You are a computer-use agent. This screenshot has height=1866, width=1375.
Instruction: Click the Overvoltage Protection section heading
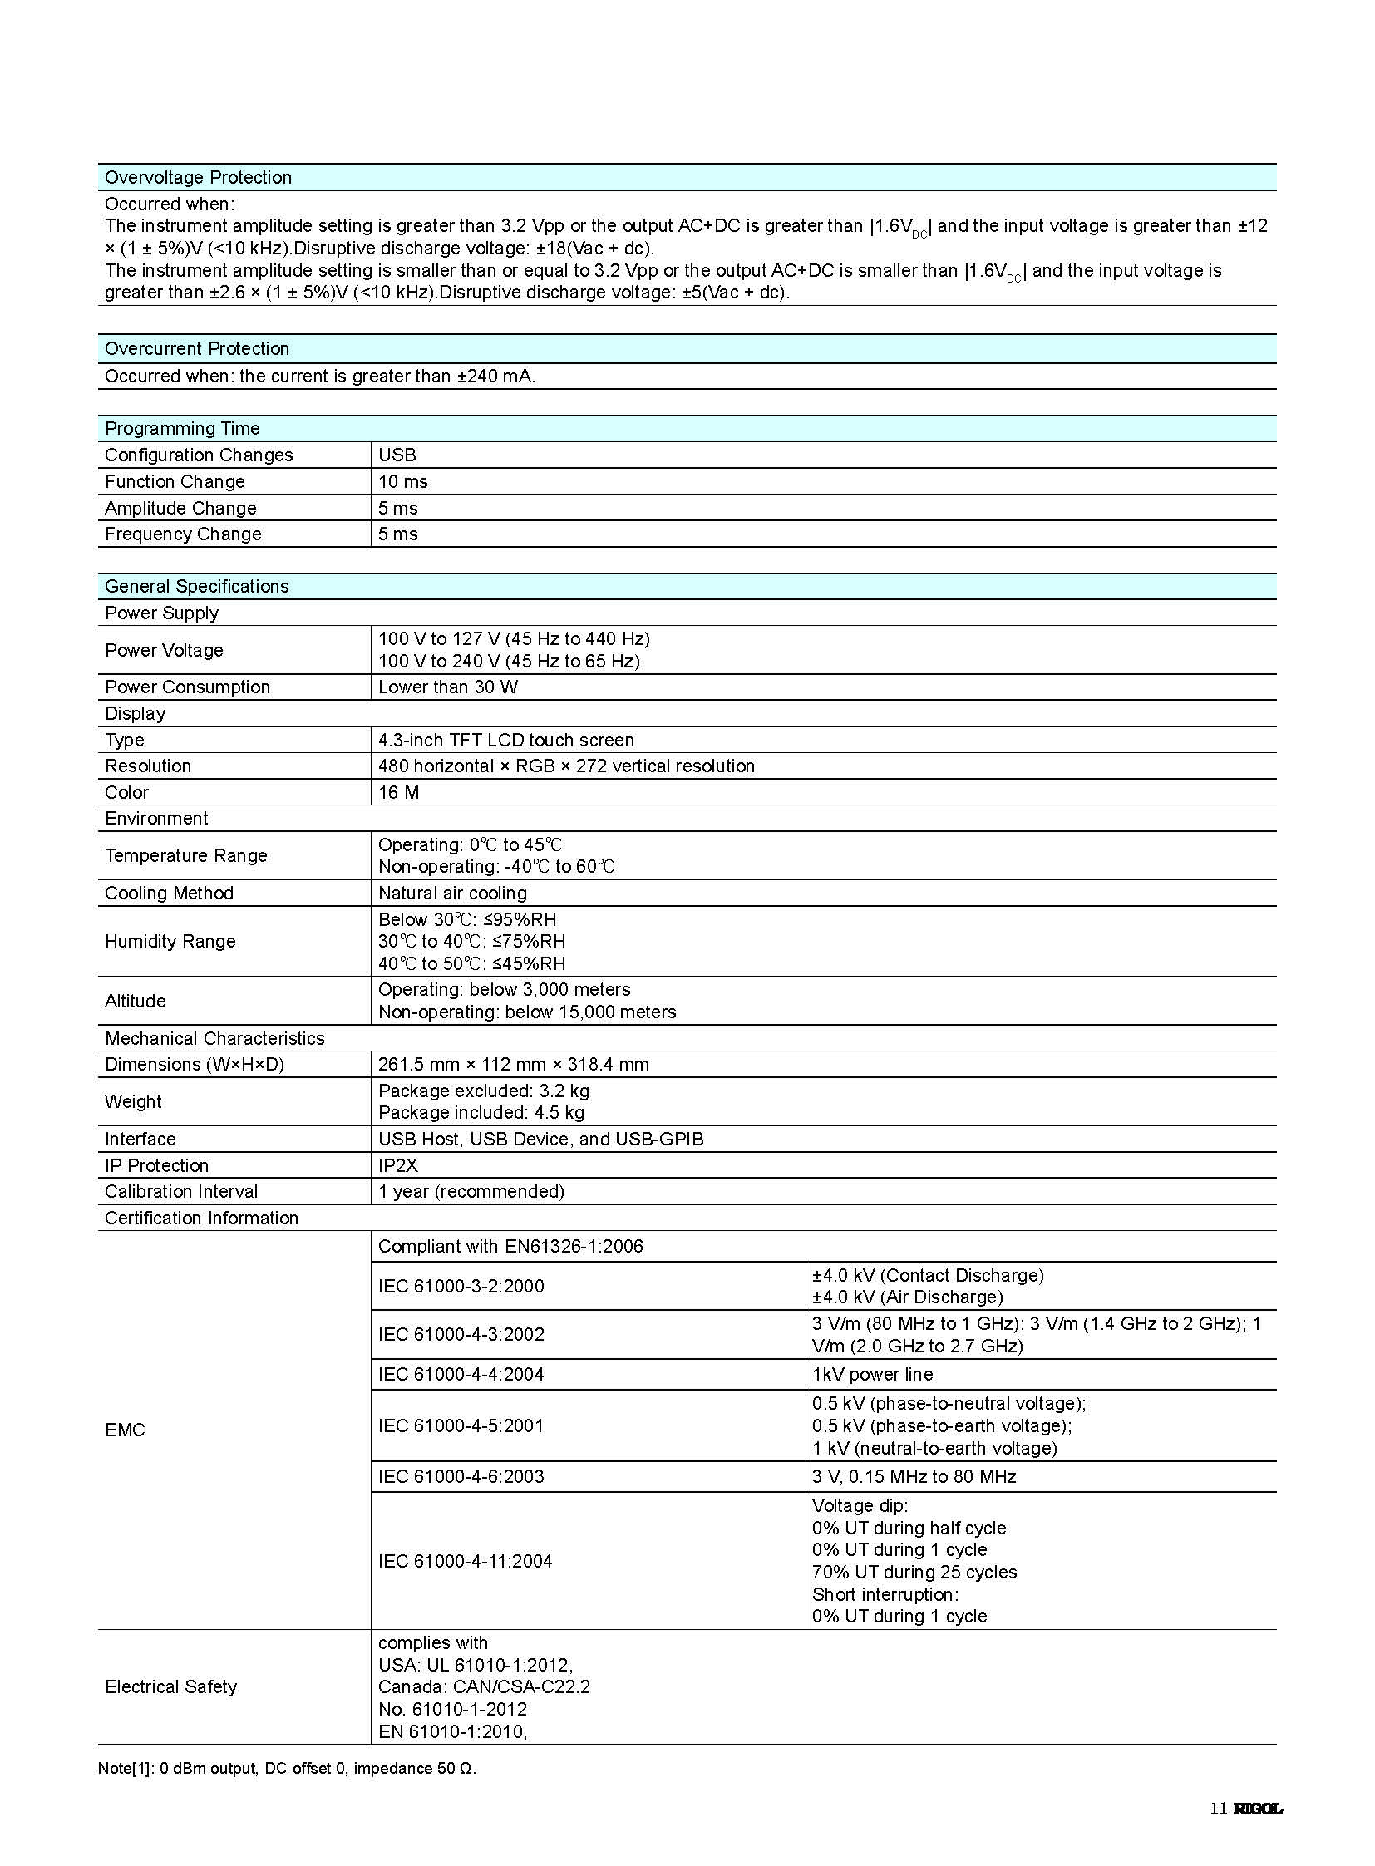click(198, 177)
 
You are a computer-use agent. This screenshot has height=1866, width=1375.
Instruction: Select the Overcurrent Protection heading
click(196, 349)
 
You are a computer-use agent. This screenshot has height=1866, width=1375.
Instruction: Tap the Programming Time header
click(182, 429)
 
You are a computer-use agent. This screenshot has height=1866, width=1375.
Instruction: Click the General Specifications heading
click(196, 587)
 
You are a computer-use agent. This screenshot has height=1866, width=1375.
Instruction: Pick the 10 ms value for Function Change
click(403, 482)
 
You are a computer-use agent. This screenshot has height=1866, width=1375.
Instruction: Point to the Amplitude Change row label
click(180, 509)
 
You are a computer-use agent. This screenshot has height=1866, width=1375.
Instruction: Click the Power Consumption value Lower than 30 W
click(448, 687)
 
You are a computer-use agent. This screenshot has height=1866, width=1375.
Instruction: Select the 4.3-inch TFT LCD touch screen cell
click(506, 741)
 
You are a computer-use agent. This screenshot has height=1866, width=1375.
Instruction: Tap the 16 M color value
click(399, 793)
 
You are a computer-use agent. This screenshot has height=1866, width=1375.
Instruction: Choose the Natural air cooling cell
click(453, 894)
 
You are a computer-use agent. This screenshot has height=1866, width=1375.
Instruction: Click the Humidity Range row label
click(170, 943)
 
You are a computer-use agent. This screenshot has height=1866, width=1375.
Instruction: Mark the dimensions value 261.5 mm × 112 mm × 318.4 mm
click(514, 1066)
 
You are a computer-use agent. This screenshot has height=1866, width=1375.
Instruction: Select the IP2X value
click(398, 1166)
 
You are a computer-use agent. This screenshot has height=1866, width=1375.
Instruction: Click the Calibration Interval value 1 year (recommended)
click(471, 1192)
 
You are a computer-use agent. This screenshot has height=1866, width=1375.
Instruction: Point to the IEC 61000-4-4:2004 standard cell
click(461, 1375)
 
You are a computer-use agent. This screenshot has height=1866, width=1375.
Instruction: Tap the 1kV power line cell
click(872, 1375)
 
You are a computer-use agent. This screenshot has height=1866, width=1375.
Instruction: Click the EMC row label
click(125, 1430)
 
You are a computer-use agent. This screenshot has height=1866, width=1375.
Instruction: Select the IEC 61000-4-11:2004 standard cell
click(466, 1562)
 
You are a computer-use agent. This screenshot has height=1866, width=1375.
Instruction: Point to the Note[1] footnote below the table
click(287, 1769)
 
